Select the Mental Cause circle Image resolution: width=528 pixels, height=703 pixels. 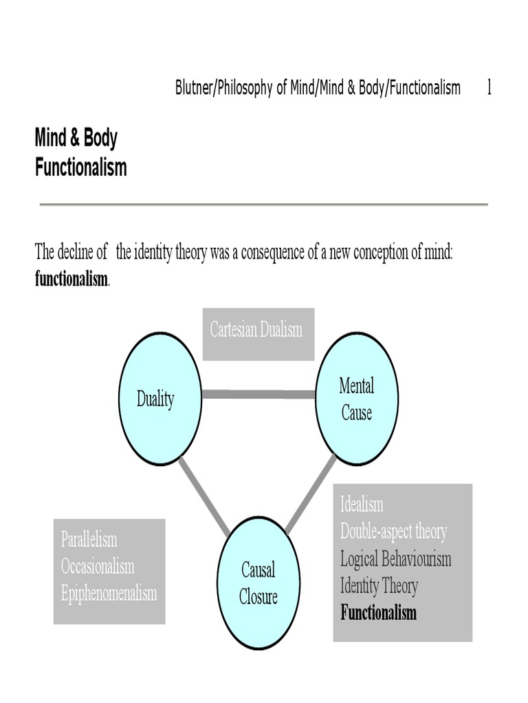(x=356, y=399)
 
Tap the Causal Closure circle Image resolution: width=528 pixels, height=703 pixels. (x=258, y=583)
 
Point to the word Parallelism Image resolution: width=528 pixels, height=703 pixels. (x=89, y=539)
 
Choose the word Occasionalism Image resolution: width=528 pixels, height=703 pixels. (x=98, y=566)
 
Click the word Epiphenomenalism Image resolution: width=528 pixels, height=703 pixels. (x=109, y=593)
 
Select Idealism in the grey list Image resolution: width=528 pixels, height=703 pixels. (x=362, y=505)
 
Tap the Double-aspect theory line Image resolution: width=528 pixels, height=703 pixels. (x=393, y=531)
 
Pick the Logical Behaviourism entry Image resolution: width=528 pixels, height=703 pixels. (x=395, y=558)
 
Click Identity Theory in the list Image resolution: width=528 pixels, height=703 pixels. (x=379, y=586)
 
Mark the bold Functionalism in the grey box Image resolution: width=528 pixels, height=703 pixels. (x=378, y=612)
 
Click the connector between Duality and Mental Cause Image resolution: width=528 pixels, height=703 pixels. (x=258, y=394)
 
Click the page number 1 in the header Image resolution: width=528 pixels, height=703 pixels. (x=489, y=88)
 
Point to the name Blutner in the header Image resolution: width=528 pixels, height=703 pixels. (x=195, y=88)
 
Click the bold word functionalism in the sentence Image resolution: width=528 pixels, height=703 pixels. (x=71, y=279)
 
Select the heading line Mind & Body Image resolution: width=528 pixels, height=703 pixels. (x=76, y=138)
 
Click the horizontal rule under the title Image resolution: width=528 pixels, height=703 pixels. (x=263, y=205)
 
